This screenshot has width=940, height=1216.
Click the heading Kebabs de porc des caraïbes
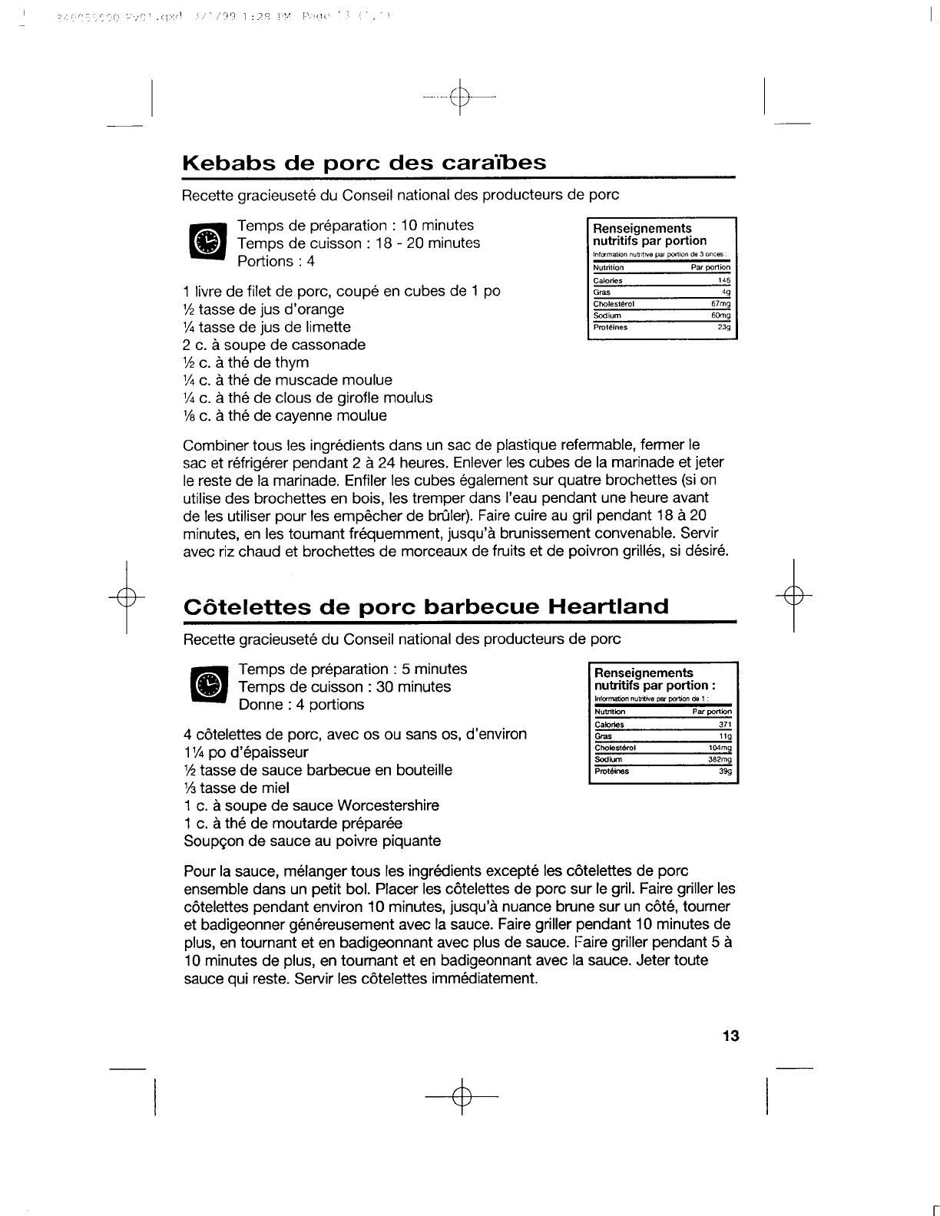coord(364,163)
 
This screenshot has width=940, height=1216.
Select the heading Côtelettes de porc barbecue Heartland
coord(426,606)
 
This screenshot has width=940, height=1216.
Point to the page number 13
coord(730,1036)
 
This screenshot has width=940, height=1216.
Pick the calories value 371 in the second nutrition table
coord(725,725)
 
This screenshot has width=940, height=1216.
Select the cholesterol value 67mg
coord(721,303)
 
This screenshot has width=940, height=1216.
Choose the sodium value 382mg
coord(720,760)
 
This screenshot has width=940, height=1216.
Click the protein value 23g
coord(723,327)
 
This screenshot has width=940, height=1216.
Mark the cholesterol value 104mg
coord(720,748)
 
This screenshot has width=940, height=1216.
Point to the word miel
coord(276,788)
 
